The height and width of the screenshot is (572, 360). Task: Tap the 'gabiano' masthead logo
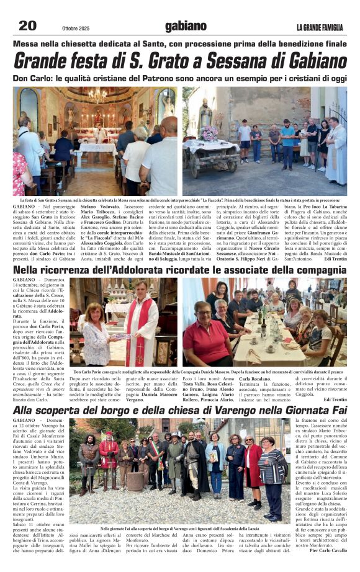click(185, 25)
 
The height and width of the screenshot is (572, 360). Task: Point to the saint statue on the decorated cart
click(223, 118)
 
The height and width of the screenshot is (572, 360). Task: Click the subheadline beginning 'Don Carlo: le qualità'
click(180, 79)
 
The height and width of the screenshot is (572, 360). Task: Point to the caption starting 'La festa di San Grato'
click(180, 200)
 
